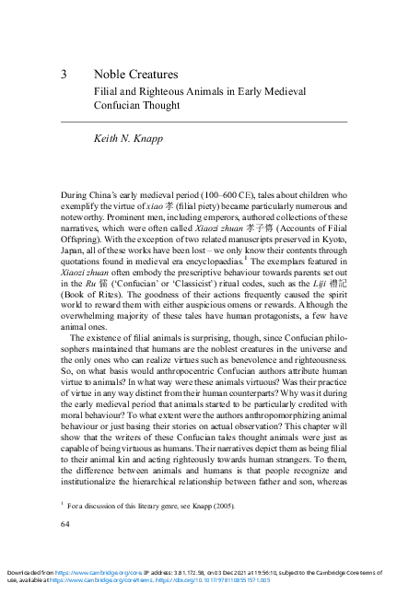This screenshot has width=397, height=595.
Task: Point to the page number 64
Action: tap(65, 524)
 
